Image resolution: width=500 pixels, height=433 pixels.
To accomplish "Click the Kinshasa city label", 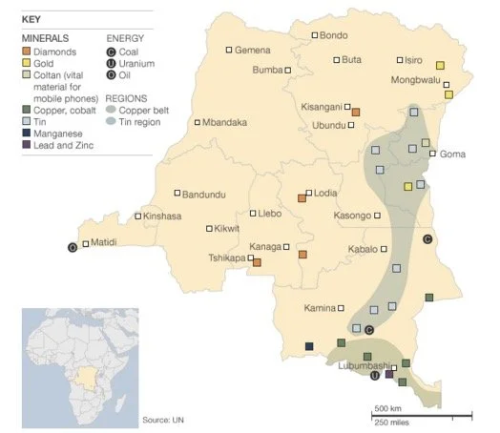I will coord(162,216).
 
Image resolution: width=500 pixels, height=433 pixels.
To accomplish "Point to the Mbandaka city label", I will coord(225,122).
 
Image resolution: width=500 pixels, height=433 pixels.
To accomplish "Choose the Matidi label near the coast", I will coord(102,243).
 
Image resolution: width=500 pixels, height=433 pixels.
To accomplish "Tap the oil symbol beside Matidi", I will coord(72,247).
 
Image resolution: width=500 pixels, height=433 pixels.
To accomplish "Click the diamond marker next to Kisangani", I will coord(356,113).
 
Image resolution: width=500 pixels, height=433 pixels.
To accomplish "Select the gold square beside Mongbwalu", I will coord(440,65).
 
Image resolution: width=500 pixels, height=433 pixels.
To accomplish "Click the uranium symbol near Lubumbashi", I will coord(374,376).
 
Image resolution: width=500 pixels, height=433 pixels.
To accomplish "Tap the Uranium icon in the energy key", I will coord(111,64).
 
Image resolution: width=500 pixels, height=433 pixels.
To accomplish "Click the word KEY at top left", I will coord(31,18).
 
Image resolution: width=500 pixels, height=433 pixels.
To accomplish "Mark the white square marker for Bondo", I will coord(314,36).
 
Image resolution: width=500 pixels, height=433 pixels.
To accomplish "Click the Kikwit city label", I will coord(226,229).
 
